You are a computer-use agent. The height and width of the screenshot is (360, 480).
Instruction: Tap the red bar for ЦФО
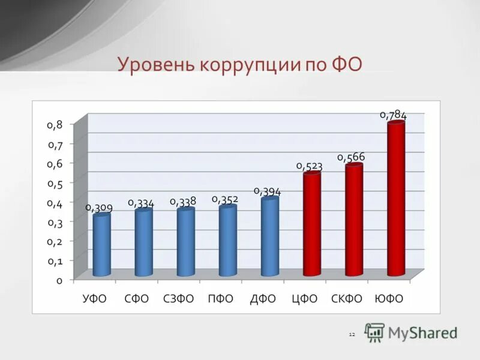312,224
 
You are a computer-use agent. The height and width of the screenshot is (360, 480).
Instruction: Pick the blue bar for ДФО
269,237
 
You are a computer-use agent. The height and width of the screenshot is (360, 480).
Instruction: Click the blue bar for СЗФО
185,242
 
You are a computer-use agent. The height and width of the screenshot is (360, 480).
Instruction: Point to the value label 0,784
394,115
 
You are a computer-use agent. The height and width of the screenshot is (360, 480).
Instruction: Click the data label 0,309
99,208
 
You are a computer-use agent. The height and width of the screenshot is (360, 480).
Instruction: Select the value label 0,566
351,157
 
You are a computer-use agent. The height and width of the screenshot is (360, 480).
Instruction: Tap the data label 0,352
225,199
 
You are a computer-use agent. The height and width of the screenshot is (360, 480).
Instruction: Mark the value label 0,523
309,166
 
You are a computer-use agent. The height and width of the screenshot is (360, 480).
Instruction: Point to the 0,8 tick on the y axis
55,125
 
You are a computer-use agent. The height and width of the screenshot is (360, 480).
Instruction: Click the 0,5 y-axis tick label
55,183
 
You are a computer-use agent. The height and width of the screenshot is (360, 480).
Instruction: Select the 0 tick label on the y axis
59,280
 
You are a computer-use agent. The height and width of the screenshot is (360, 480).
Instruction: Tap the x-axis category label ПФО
220,299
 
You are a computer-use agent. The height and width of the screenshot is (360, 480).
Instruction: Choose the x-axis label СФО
136,299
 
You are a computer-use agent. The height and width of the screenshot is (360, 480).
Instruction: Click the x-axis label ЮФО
388,299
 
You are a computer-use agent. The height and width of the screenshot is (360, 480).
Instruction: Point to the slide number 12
352,334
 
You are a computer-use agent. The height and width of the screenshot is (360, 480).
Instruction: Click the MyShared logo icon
375,332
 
